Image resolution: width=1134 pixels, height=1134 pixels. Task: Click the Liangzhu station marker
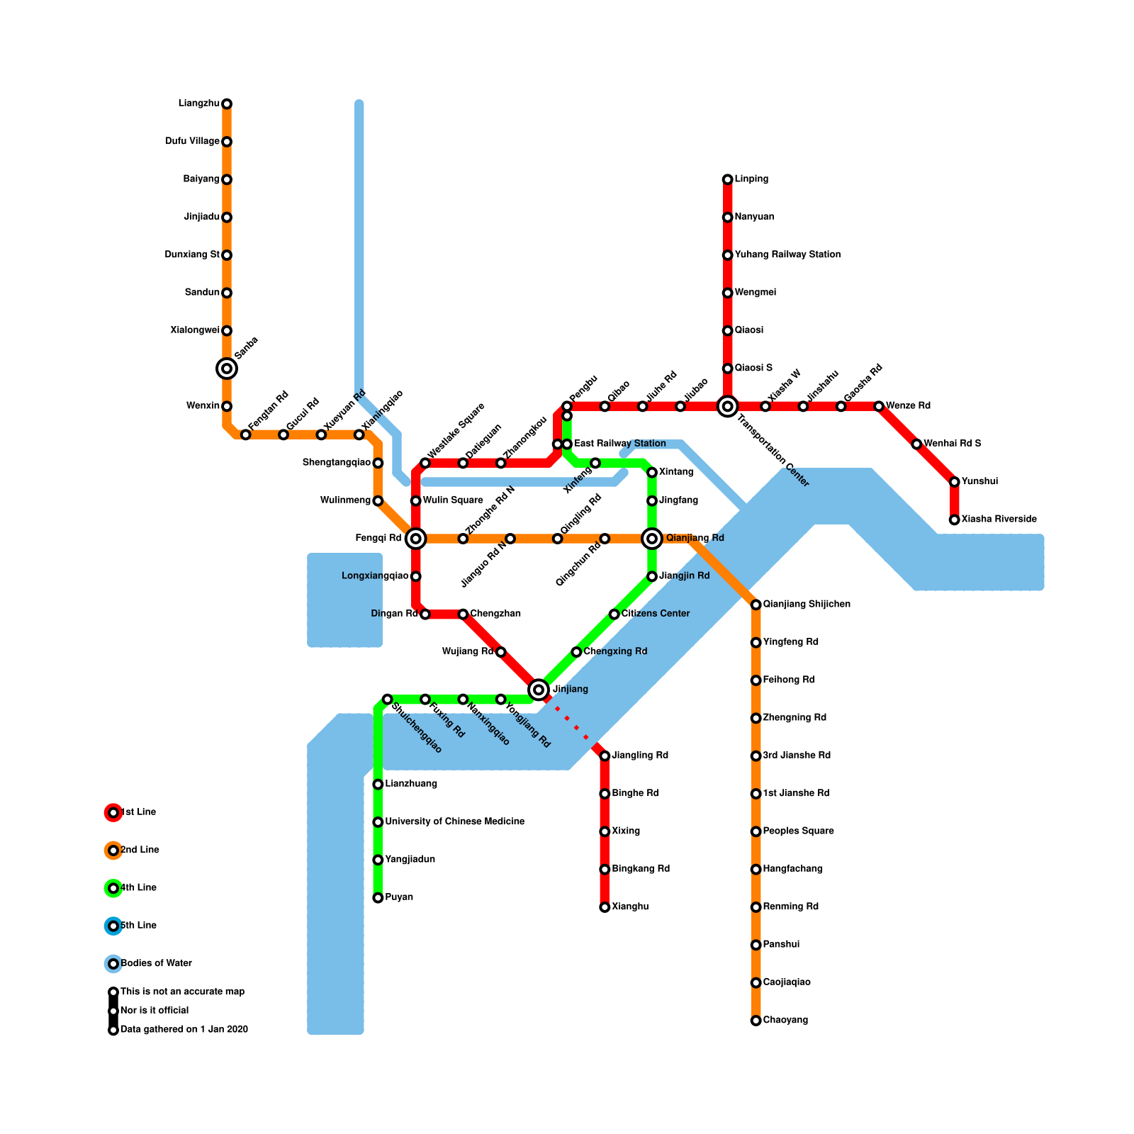click(227, 104)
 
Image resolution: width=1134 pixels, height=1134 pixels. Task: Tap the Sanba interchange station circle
click(227, 369)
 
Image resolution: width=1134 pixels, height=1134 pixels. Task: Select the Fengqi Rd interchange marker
click(416, 539)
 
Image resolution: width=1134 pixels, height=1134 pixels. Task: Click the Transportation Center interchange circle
click(727, 406)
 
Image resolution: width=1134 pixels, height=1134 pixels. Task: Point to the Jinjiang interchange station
click(539, 689)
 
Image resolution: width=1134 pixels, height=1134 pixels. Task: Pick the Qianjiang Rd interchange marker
click(652, 539)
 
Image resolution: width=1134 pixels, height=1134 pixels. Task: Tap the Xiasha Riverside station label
click(999, 520)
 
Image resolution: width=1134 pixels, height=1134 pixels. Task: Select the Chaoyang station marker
click(756, 1021)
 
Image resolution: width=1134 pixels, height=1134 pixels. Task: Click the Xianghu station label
click(629, 907)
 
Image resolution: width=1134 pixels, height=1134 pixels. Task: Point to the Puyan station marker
click(378, 898)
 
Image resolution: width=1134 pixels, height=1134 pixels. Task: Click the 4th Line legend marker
click(113, 888)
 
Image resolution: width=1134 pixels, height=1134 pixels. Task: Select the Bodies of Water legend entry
click(156, 964)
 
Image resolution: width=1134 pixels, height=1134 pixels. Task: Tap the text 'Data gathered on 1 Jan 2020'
click(184, 1030)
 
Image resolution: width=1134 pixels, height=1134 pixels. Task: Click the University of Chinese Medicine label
click(454, 822)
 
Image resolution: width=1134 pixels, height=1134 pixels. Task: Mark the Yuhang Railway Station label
click(787, 254)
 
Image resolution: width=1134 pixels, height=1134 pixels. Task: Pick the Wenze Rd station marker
click(879, 406)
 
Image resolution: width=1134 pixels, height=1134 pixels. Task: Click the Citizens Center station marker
click(614, 614)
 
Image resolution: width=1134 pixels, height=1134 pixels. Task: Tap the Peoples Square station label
click(798, 831)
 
